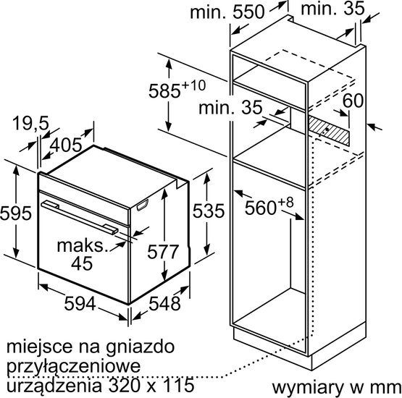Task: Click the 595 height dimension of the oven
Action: tap(15, 213)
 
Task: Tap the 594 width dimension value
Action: tap(80, 304)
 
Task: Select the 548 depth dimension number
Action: tap(164, 304)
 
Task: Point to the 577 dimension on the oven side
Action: tap(163, 252)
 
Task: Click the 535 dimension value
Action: tap(208, 211)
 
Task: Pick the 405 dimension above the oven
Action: tap(66, 145)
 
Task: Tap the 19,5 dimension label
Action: tap(30, 124)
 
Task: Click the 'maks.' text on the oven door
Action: tap(81, 246)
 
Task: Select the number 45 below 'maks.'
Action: tap(82, 263)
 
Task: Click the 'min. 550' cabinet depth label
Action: tap(227, 12)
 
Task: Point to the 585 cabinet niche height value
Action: tap(165, 91)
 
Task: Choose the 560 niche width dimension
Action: tap(261, 208)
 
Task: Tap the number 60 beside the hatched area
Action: tap(353, 101)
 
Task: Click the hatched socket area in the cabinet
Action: tap(329, 130)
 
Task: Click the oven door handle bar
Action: tap(80, 217)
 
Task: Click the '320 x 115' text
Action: tap(151, 385)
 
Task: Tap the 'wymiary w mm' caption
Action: tap(337, 389)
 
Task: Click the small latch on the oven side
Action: tap(143, 206)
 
